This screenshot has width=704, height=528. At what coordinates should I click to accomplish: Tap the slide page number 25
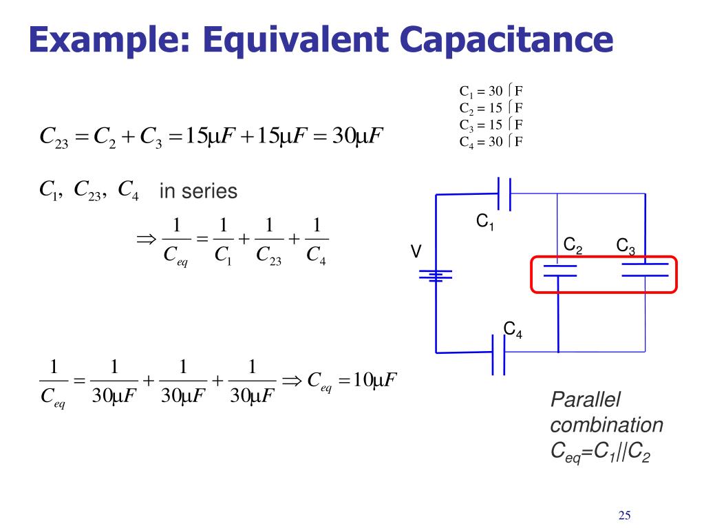point(625,516)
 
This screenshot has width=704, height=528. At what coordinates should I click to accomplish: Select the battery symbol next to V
point(436,275)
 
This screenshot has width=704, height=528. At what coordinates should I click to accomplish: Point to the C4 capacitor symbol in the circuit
point(498,354)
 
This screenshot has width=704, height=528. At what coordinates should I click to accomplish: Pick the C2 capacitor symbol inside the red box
point(559,270)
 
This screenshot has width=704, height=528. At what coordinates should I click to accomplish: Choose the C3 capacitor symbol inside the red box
point(645,270)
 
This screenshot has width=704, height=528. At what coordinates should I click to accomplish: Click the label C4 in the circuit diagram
point(513,330)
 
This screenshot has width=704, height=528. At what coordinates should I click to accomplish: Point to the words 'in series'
point(198,191)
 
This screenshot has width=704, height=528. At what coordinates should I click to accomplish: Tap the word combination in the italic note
point(607,425)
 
